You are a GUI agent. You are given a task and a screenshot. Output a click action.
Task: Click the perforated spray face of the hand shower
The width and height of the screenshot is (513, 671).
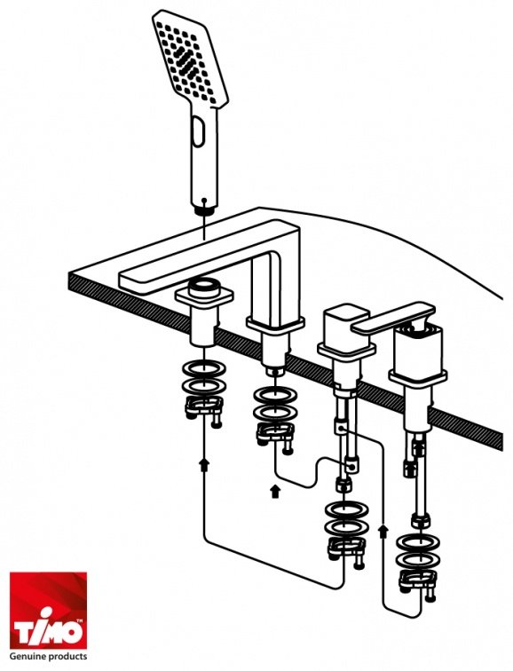(190, 59)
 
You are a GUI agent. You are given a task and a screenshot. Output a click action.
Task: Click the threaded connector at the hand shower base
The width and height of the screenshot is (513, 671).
(204, 209)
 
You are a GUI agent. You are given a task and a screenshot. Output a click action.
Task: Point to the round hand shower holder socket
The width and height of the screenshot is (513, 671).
(203, 288)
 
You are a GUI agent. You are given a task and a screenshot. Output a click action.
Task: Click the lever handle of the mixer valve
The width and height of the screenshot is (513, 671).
(393, 318)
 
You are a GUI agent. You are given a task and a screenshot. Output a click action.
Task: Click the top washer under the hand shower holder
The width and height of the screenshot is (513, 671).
(204, 369)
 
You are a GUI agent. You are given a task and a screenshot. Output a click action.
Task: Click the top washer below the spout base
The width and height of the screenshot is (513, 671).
(275, 396)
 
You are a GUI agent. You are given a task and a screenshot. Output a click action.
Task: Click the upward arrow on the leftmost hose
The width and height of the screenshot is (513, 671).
(205, 464)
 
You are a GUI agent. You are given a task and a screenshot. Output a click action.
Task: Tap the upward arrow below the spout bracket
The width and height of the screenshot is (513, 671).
(275, 491)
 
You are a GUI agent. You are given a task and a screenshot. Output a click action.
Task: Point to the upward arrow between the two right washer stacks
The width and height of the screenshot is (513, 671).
(383, 532)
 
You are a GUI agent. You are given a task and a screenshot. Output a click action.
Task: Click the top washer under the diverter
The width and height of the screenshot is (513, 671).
(346, 510)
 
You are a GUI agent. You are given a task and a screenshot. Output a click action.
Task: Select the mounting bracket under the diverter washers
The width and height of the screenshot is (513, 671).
(347, 552)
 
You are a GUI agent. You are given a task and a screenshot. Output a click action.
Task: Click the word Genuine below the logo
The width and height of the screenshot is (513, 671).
(28, 656)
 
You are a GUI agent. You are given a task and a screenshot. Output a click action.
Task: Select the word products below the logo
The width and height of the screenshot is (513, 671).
(67, 657)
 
